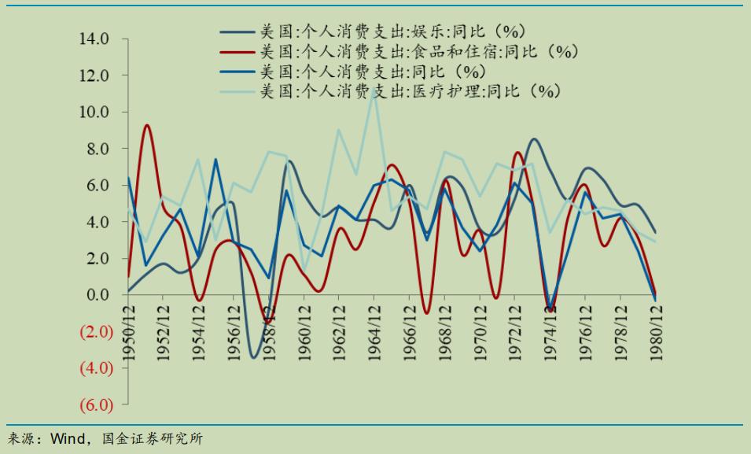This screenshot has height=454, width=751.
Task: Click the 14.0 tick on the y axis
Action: pos(93,39)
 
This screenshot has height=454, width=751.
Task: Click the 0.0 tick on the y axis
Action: pos(96,295)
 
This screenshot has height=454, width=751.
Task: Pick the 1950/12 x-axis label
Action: pos(127,334)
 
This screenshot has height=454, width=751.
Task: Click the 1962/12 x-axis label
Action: pos(340,334)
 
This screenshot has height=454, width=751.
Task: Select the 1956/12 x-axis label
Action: pos(234,334)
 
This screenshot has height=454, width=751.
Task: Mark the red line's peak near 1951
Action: pos(146,125)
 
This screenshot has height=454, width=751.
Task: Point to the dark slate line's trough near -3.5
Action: pos(253,357)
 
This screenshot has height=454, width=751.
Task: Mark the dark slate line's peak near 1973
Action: pos(534,139)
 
